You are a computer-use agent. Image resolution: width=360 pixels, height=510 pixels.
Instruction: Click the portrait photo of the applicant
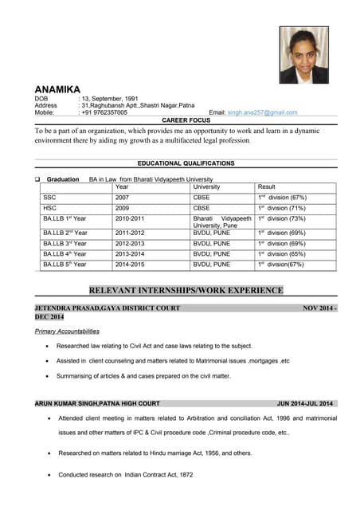click(x=303, y=55)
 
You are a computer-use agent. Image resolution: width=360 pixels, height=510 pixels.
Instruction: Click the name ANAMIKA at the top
click(x=57, y=89)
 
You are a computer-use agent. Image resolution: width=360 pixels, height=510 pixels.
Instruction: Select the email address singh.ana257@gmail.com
click(x=262, y=113)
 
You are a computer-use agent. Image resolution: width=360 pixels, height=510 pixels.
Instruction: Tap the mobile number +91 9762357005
click(x=104, y=113)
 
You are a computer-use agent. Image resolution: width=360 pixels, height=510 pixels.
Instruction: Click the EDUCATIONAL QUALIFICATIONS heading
click(x=186, y=163)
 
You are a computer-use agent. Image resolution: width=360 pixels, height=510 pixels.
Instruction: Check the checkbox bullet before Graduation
click(x=38, y=179)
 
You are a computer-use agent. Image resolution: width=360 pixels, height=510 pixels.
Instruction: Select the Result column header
click(x=266, y=187)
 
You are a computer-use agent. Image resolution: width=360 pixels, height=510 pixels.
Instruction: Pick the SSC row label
click(x=49, y=197)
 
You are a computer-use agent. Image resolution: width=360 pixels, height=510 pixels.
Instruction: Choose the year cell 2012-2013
click(x=131, y=243)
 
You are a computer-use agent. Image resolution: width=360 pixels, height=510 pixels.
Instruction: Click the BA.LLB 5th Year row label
click(x=65, y=264)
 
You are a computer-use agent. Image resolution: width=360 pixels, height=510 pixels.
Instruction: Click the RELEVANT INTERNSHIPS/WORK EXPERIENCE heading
click(x=186, y=291)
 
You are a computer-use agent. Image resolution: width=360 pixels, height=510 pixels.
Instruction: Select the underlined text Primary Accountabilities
click(x=67, y=331)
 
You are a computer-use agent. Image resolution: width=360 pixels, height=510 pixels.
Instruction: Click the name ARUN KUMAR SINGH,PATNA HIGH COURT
click(x=97, y=403)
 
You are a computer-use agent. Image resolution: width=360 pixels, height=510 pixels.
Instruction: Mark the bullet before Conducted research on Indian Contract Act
click(x=51, y=475)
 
